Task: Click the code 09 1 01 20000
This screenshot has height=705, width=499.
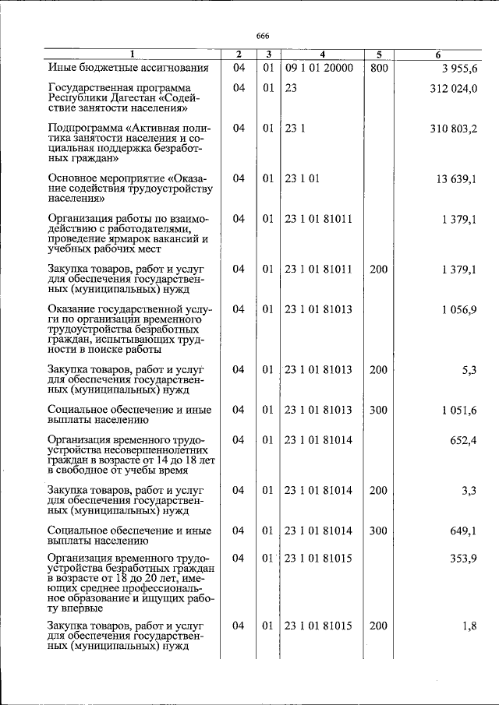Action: coord(319,68)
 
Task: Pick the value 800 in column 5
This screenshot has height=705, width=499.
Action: coord(378,68)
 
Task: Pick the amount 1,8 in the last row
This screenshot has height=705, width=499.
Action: coord(469,627)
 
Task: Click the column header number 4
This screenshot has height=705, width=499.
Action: coord(322,55)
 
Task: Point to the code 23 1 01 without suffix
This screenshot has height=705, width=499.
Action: coord(302,178)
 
